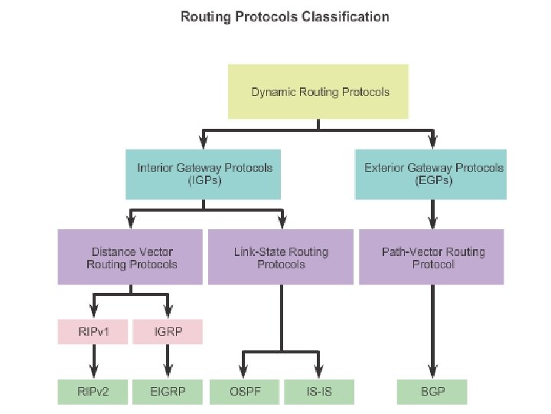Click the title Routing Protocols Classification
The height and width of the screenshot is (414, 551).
pos(285,16)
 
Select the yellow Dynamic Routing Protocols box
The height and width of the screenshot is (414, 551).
pos(319,93)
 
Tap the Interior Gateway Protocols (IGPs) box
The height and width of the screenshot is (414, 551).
pos(204,174)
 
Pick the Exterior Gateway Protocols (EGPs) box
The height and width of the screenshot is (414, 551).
pos(432,174)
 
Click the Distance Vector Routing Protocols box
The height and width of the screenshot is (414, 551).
pos(132,258)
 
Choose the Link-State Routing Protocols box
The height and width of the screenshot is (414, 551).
pos(281,258)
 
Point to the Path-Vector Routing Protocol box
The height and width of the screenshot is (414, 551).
pos(432,258)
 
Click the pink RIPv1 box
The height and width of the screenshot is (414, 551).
pos(93,332)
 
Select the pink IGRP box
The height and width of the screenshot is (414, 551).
pos(168,332)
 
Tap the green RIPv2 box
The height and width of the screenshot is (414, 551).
pos(93,392)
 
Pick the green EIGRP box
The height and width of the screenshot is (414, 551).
pos(168,392)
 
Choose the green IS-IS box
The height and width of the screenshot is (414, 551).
pos(318,392)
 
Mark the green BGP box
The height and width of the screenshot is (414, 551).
pos(432,392)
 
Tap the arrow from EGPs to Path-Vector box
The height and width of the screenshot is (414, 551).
pos(432,214)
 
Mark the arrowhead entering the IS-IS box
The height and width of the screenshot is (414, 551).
pos(318,371)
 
